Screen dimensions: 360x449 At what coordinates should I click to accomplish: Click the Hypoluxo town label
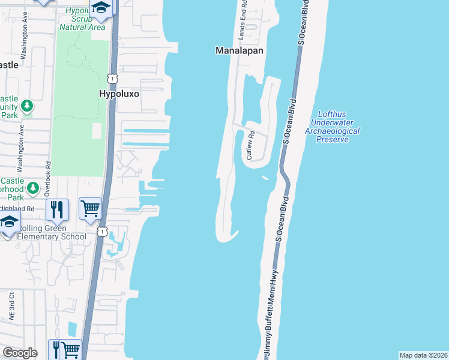click(118, 94)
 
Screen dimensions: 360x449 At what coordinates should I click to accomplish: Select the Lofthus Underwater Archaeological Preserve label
click(332, 126)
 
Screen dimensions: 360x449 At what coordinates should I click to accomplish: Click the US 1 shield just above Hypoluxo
click(112, 78)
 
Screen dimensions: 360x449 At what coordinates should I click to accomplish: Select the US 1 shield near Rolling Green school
click(103, 230)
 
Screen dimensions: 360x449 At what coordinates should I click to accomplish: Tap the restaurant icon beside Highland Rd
click(57, 209)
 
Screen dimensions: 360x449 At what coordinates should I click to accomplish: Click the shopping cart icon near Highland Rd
click(90, 209)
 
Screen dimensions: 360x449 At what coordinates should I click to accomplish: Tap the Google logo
click(20, 353)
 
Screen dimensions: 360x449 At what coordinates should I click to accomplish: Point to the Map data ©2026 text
click(423, 355)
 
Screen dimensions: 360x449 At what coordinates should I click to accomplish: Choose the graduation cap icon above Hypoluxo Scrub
click(101, 8)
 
